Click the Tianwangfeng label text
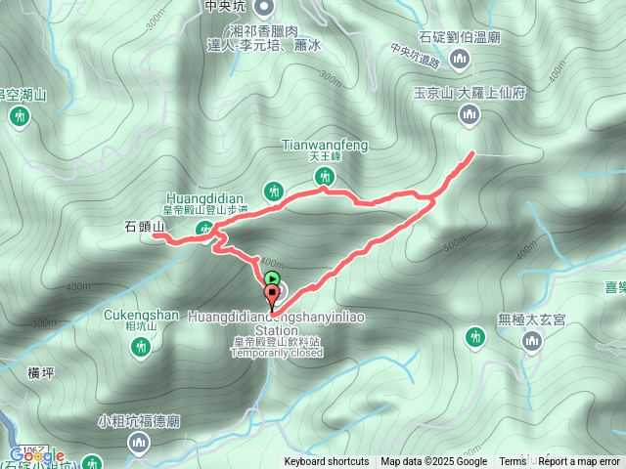(x=325, y=146)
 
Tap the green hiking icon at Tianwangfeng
(x=325, y=177)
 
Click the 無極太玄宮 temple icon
(x=532, y=341)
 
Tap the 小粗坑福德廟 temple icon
(x=139, y=445)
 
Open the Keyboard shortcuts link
(x=327, y=462)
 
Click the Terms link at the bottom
(x=513, y=462)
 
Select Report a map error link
(x=580, y=462)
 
